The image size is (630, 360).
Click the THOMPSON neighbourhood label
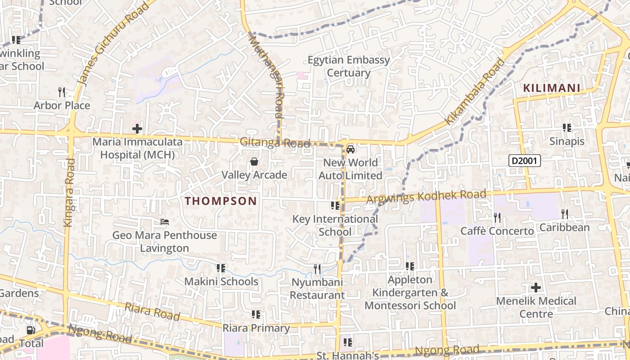221,201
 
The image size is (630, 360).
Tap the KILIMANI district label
552,88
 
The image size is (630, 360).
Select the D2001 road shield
525,161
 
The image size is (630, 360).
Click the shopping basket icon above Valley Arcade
254,162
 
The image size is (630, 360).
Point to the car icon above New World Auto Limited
351,149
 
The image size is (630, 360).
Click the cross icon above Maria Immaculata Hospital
137,129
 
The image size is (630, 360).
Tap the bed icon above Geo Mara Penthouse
165,222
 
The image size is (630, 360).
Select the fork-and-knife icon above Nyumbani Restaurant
317,269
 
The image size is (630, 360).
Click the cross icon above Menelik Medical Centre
536,287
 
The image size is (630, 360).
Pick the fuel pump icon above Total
31,330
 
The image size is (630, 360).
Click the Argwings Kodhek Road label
427,197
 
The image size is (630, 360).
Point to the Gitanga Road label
275,143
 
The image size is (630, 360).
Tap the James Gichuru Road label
113,44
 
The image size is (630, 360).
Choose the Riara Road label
152,312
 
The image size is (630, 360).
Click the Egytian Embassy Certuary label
349,66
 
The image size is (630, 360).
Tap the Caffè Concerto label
497,231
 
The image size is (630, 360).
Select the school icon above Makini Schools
220,268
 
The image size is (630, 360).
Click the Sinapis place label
567,141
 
